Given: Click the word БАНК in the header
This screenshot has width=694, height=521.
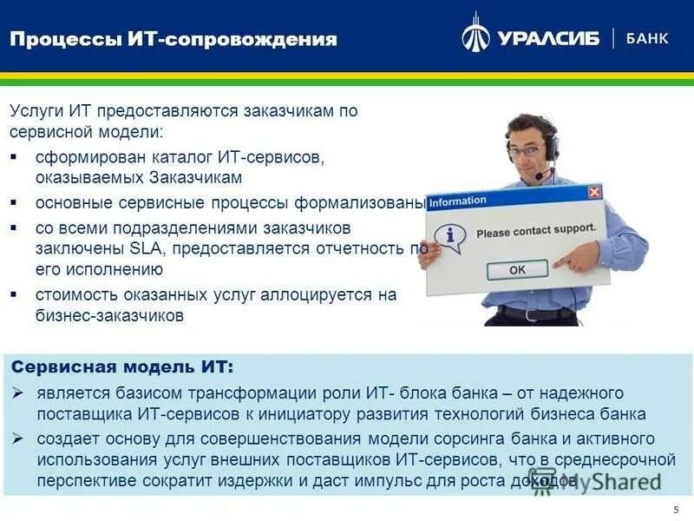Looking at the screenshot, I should pyautogui.click(x=647, y=38).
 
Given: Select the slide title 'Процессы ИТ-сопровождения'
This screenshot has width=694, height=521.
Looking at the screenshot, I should pyautogui.click(x=173, y=39).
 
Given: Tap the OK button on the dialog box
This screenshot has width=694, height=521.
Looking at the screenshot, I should pyautogui.click(x=517, y=269).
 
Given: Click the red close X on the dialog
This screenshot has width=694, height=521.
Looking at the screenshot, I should pyautogui.click(x=594, y=192).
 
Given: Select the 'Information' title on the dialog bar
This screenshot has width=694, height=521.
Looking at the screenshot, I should pyautogui.click(x=458, y=201).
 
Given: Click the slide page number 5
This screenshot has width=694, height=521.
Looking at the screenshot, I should pyautogui.click(x=675, y=509).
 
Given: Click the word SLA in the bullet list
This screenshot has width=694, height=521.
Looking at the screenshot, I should pyautogui.click(x=146, y=248).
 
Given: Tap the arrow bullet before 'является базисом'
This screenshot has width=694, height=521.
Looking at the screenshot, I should pyautogui.click(x=16, y=394).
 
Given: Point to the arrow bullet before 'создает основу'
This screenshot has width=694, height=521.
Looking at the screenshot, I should pyautogui.click(x=16, y=439).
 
